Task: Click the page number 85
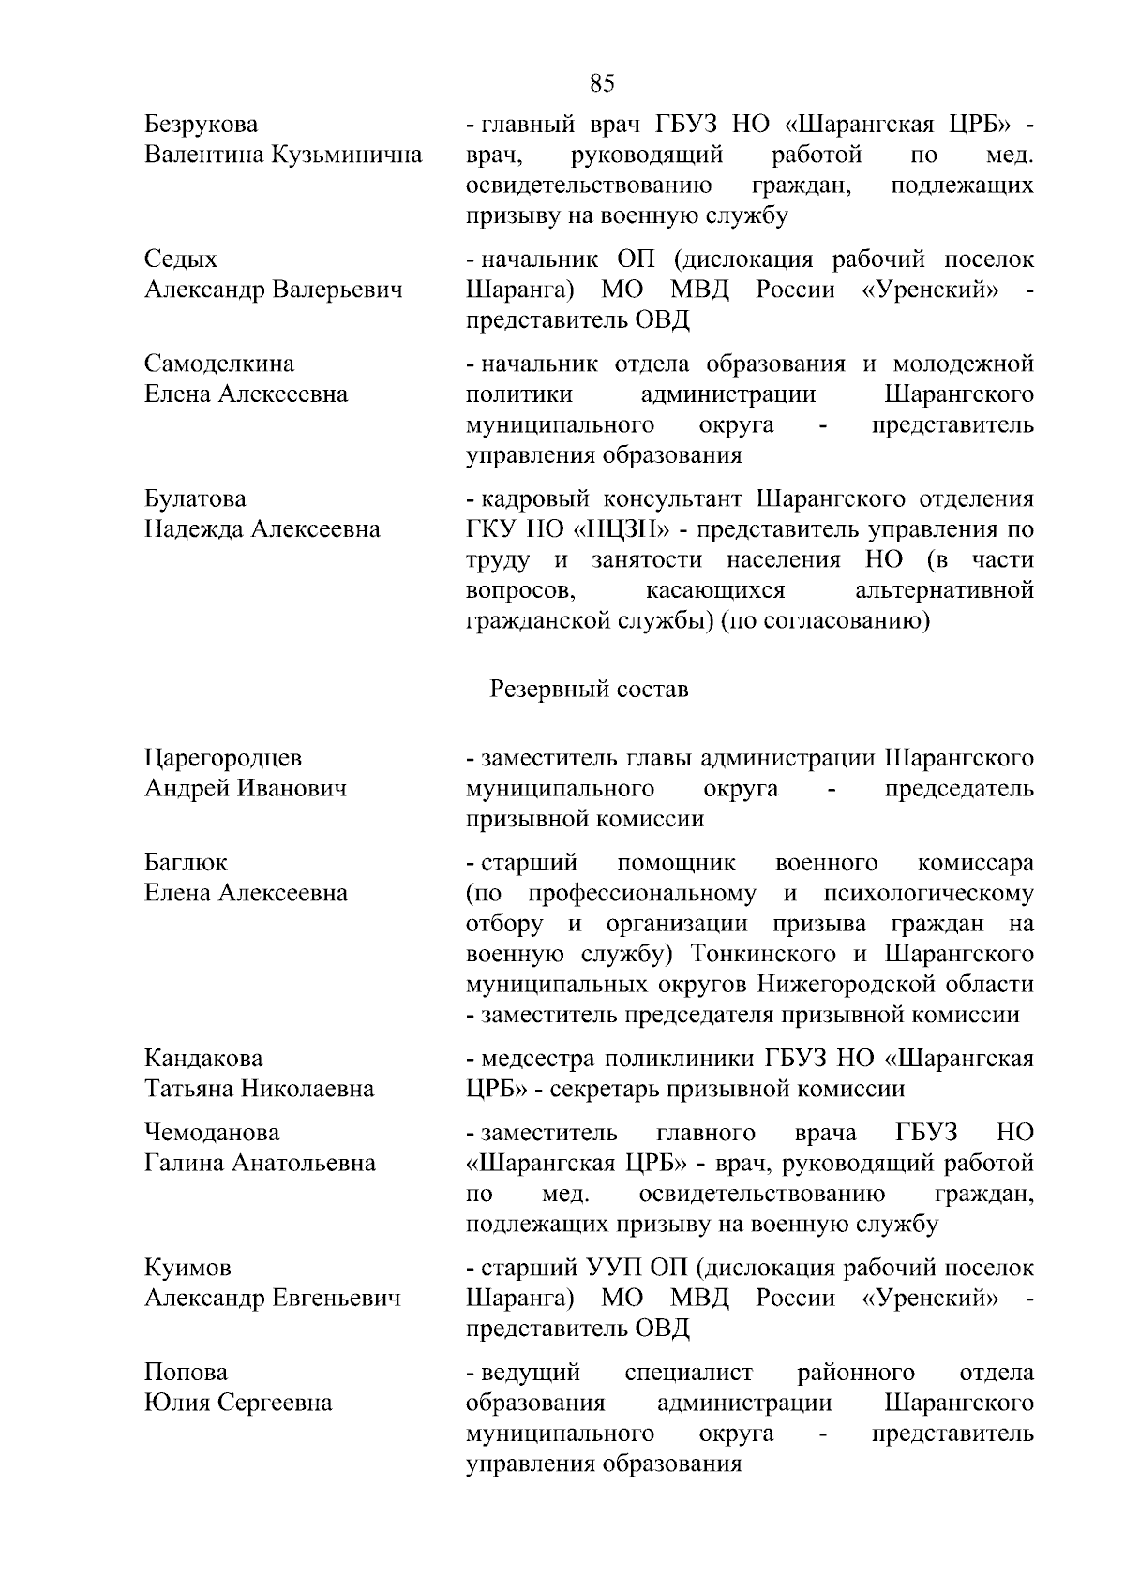click(x=603, y=83)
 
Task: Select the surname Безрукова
click(x=202, y=125)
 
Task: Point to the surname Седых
click(x=181, y=260)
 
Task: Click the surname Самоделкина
click(x=219, y=364)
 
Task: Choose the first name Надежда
click(x=193, y=529)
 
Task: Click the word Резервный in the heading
click(x=549, y=690)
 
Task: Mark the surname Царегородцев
click(x=223, y=758)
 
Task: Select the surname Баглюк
click(x=186, y=862)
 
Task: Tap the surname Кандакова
click(x=203, y=1059)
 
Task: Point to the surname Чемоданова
click(x=212, y=1133)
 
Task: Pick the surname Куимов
click(x=187, y=1268)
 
